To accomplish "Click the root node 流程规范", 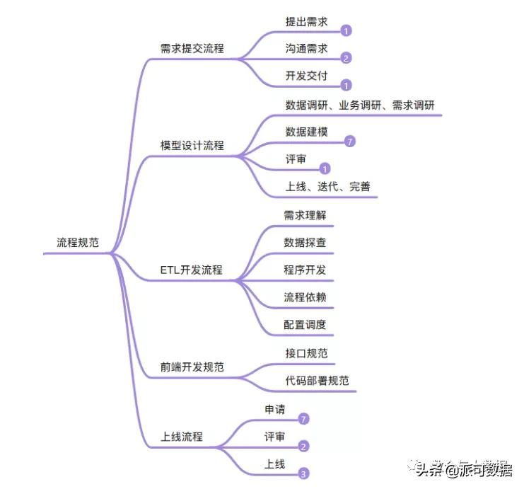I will [78, 243].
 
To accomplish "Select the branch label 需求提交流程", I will [192, 49].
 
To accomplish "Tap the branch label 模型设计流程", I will [192, 145].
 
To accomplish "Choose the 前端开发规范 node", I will [192, 368].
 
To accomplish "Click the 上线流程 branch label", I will [182, 437].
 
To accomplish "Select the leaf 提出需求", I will [306, 22].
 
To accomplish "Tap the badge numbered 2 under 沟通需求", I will [346, 58].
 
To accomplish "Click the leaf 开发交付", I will [306, 76].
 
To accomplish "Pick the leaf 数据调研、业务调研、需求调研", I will [359, 105].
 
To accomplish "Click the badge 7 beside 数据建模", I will [349, 142].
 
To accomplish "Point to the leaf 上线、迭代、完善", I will [327, 187].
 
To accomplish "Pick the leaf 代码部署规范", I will [312, 380].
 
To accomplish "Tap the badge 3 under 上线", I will [303, 474].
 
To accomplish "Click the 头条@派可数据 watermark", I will [463, 468].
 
